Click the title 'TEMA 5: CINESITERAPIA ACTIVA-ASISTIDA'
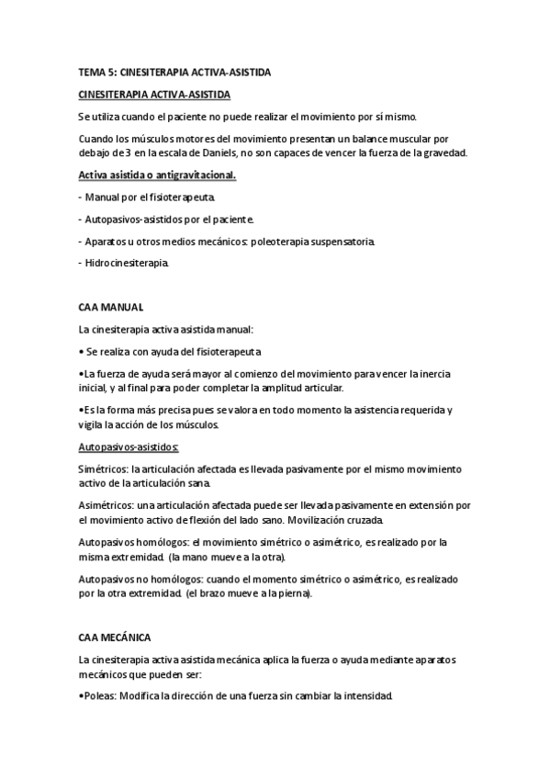174,72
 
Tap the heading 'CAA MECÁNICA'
115,637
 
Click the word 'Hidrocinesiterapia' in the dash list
127,264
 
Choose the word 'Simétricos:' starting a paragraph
105,469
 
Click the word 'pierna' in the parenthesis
292,593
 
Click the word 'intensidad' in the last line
365,695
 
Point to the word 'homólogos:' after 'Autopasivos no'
171,580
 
